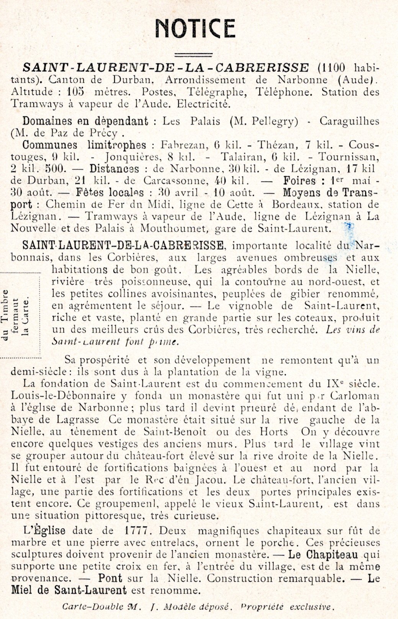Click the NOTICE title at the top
195,28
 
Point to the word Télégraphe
219,92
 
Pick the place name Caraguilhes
349,122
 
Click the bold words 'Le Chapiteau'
323,555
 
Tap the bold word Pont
110,578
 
